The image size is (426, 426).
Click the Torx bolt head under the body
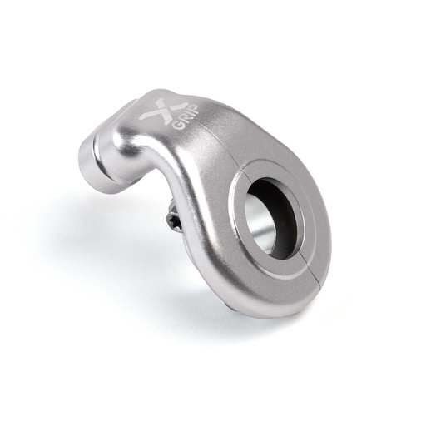pyautogui.click(x=175, y=220)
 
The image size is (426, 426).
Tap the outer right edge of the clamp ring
pyautogui.click(x=328, y=233)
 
